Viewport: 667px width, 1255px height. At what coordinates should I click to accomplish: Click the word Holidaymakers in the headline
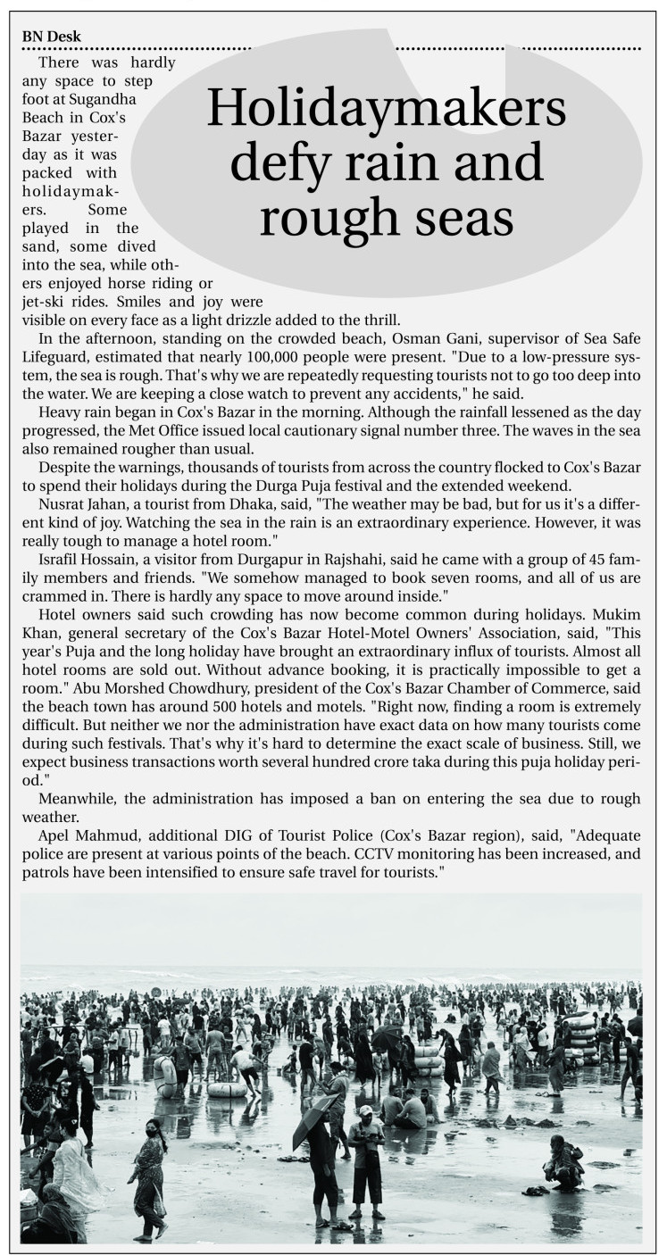pos(387,110)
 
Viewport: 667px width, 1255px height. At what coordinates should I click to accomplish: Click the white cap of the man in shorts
pos(365,1110)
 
